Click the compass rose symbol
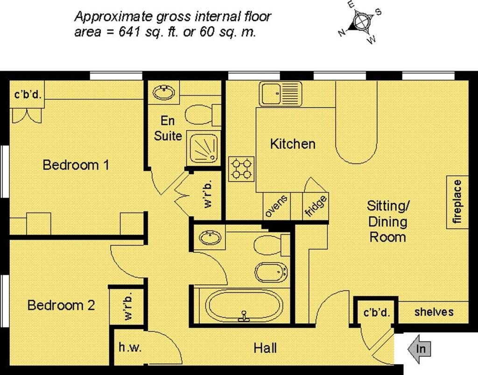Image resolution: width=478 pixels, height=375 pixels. [x=362, y=22]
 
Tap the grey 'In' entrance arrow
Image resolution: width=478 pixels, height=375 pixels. [x=419, y=349]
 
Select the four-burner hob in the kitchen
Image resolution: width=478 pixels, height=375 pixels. [x=241, y=169]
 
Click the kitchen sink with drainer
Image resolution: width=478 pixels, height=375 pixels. [x=281, y=93]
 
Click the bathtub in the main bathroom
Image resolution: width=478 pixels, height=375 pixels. [x=244, y=306]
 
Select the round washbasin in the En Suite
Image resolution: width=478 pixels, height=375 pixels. [x=164, y=92]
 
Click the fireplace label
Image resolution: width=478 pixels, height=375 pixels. [x=457, y=202]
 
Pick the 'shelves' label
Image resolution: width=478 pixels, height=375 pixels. [x=434, y=312]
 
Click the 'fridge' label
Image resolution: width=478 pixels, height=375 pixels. [x=316, y=206]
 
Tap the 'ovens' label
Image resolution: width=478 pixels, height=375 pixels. [x=276, y=206]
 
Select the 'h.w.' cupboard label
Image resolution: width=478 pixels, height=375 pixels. [x=130, y=347]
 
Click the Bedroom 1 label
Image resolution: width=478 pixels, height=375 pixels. [x=76, y=165]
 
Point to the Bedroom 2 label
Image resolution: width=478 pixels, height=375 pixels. [x=61, y=305]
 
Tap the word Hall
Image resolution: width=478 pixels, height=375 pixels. [x=265, y=348]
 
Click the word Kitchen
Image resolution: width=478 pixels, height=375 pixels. [x=293, y=144]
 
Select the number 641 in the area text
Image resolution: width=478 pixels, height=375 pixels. [x=130, y=32]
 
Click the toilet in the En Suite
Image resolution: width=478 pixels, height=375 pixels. [x=203, y=114]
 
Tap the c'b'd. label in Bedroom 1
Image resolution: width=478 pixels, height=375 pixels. [x=28, y=94]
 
